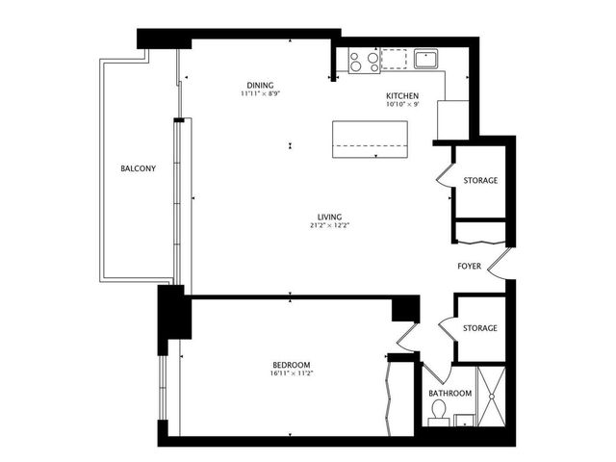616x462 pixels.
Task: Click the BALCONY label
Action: pos(138,168)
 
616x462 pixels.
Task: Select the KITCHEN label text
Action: pos(401,96)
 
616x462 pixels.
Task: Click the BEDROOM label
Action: pos(291,365)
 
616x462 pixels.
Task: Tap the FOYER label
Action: pos(470,265)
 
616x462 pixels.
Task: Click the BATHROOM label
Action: pos(449,394)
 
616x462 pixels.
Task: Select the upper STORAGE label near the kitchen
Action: pos(480,180)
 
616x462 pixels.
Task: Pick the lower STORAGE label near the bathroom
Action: pos(480,328)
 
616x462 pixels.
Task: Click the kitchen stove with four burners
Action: pos(363,62)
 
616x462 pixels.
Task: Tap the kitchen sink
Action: pos(423,59)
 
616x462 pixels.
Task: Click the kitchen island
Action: pos(371,140)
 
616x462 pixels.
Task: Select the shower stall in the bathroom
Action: pos(492,396)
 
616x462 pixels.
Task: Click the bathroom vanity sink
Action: pos(463,420)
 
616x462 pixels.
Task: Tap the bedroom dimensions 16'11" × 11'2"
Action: pos(291,374)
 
